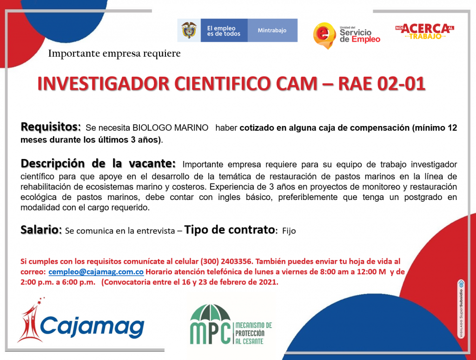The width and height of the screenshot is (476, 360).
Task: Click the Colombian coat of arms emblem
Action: pos(189,30)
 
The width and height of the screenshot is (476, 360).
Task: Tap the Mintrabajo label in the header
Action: pos(272,30)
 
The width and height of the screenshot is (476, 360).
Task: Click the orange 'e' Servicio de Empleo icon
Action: pos(324,35)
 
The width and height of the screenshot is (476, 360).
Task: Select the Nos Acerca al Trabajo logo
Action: pos(425,31)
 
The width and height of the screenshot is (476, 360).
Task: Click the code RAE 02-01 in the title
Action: pos(382,84)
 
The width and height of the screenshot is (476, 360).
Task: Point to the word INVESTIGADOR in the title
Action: pos(103,84)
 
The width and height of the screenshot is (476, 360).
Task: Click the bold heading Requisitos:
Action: pos(51,127)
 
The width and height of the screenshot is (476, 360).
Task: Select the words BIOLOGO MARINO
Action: pos(170,128)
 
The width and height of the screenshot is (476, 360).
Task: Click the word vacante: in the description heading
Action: pos(152,163)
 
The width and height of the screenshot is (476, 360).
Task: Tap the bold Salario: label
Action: pos(41,230)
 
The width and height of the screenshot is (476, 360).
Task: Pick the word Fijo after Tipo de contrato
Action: pos(289,231)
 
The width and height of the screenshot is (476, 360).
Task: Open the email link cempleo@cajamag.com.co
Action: pos(96,272)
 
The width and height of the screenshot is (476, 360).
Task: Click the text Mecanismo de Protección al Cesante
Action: pos(254,333)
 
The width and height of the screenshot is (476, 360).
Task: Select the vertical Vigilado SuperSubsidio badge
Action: pos(461,309)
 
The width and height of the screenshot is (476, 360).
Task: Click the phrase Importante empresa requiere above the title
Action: pos(114,53)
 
